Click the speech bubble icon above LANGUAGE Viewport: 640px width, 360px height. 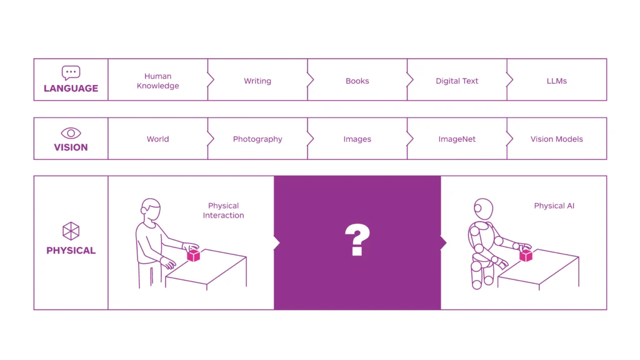coord(71,73)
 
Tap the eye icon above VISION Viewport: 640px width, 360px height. coord(71,133)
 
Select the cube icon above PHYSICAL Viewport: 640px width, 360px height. coord(71,231)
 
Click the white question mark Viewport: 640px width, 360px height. coord(357,240)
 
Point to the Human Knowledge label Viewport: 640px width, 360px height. coord(158,81)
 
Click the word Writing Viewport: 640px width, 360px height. coord(257,81)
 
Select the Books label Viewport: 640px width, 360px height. coord(357,81)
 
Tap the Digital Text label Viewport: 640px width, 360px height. coord(457,81)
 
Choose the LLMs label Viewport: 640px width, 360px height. coord(557,81)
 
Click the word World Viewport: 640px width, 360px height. coord(158,139)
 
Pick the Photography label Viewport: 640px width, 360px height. coord(257,139)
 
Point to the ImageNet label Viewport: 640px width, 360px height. coord(457,139)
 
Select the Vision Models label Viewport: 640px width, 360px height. coord(557,139)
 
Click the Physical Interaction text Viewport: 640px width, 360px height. coord(223,210)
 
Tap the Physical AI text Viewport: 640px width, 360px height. coord(554,206)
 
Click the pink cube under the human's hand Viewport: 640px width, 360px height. coord(194,255)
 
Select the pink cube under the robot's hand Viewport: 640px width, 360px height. coord(526,255)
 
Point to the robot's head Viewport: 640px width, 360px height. coord(483,209)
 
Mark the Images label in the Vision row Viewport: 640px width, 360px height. coord(357,139)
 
